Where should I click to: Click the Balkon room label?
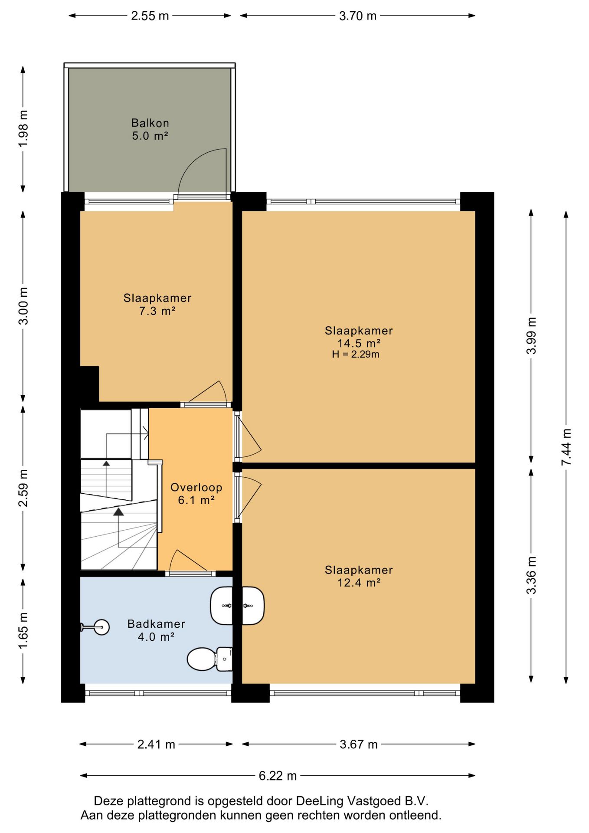(x=150, y=123)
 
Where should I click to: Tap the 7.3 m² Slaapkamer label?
(x=157, y=304)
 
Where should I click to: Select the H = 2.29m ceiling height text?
(x=356, y=354)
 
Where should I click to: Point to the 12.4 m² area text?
(x=359, y=583)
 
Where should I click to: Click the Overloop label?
(x=196, y=487)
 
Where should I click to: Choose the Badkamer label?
(x=156, y=624)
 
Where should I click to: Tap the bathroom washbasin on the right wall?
(x=222, y=606)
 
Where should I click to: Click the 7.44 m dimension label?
(x=566, y=447)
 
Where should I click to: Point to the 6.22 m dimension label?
(x=278, y=776)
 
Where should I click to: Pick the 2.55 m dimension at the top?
(x=150, y=16)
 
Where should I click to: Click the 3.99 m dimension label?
(x=531, y=335)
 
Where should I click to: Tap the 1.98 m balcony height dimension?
(x=23, y=128)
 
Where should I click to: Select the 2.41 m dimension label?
(x=156, y=744)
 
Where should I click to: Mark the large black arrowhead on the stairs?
(x=118, y=512)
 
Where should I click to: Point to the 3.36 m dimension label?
(x=531, y=575)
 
